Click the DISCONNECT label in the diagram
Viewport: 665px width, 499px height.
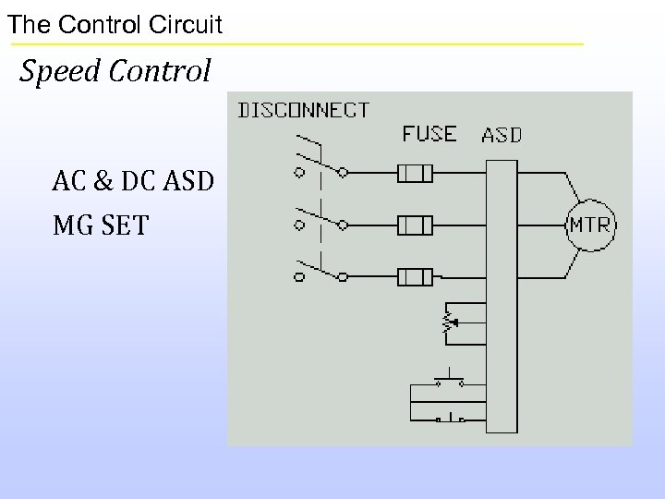305,110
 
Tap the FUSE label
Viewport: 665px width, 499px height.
429,133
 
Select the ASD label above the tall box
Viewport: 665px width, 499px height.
502,135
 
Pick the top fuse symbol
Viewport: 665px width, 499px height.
415,173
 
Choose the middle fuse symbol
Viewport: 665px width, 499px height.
415,225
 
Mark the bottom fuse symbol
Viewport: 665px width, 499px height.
415,275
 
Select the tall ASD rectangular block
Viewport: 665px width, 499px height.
502,295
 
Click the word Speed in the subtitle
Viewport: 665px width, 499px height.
60,70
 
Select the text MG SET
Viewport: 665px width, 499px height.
100,225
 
